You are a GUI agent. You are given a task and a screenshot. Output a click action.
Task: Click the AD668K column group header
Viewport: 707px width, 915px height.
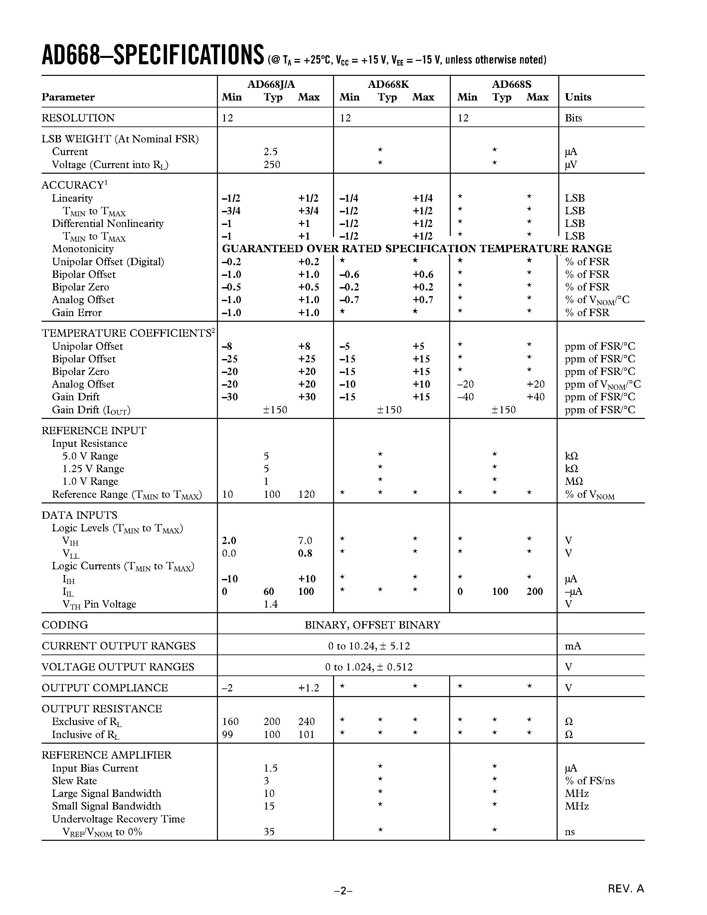click(x=388, y=84)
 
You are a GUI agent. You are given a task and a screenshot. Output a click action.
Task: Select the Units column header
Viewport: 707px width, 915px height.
click(x=578, y=97)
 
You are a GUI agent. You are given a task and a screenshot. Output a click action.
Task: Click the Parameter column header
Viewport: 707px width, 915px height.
click(x=68, y=97)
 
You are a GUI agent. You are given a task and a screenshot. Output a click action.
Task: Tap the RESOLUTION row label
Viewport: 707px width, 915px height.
click(x=78, y=118)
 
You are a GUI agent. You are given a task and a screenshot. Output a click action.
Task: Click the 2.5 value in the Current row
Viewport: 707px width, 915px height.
click(x=270, y=152)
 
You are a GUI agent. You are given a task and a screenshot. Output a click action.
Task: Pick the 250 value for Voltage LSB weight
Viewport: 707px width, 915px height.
click(x=271, y=165)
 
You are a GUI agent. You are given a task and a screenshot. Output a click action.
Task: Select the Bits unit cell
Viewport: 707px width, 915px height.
click(x=573, y=118)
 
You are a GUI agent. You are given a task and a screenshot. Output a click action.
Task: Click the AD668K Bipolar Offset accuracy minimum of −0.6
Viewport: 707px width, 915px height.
click(x=349, y=274)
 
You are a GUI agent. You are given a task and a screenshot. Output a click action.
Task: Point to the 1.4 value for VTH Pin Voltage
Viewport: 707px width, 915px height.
click(x=270, y=604)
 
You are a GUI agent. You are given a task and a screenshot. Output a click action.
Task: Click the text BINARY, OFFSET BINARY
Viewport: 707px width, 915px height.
click(x=372, y=625)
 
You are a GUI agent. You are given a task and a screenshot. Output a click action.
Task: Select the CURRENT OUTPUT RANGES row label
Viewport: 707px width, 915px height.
click(x=118, y=646)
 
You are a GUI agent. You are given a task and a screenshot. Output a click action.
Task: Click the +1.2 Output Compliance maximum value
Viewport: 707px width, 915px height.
click(x=308, y=688)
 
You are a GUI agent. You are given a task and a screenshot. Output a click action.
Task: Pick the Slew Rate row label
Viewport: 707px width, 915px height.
click(x=74, y=781)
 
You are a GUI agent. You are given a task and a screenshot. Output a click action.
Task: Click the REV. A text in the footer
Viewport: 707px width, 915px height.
click(x=626, y=889)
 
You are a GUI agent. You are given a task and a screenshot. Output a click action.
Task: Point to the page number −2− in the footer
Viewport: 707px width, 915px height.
click(x=343, y=891)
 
